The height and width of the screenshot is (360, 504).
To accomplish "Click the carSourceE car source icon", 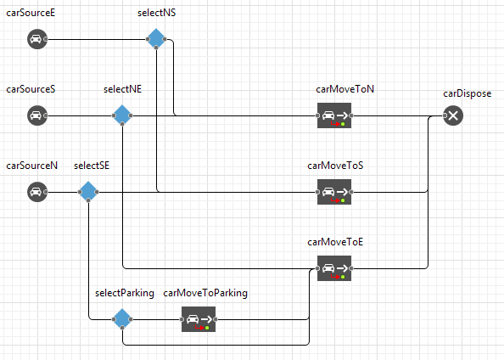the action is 37,39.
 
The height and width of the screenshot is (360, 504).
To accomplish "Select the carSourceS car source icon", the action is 37,115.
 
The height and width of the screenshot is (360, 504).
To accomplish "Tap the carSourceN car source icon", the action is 37,192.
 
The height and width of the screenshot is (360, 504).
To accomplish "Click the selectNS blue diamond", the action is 156,39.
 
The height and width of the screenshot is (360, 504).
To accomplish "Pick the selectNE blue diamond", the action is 122,115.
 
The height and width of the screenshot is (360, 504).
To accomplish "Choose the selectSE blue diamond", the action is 88,192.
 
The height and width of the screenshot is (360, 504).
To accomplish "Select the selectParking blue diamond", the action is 122,319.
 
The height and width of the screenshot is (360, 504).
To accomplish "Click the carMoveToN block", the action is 334,115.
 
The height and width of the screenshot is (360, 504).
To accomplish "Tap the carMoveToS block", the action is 334,192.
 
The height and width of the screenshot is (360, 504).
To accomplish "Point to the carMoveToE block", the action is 334,268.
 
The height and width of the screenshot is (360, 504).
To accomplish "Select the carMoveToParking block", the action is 199,319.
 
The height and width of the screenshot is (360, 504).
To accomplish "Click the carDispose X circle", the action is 453,115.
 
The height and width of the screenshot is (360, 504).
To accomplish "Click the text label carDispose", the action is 468,93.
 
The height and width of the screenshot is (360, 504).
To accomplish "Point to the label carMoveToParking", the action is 205,293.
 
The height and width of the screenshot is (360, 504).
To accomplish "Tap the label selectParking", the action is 125,293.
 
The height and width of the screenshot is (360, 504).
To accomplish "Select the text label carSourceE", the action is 31,13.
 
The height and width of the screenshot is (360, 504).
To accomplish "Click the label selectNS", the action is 156,13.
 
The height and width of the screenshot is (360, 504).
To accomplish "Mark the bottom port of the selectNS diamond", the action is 156,48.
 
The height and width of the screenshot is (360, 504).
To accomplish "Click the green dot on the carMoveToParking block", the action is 207,328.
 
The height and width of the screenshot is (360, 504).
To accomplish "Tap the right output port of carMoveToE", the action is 351,268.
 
